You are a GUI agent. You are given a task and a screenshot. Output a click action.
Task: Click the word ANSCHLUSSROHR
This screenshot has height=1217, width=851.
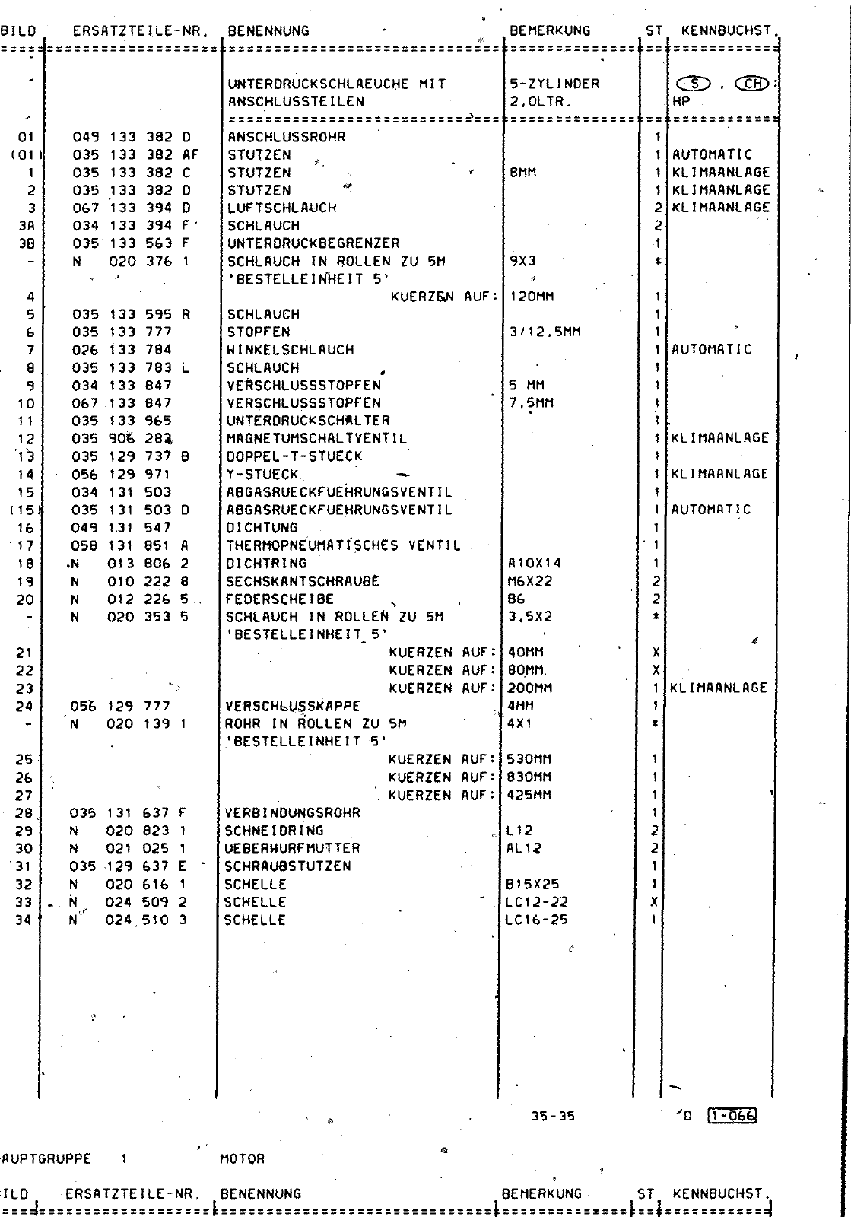pos(286,138)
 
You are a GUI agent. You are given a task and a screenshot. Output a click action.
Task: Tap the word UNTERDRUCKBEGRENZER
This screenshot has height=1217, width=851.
pos(313,243)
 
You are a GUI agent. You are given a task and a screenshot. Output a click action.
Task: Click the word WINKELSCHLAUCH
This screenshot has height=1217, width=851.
pos(291,350)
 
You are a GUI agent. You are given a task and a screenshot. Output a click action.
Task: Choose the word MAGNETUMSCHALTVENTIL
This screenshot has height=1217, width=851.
pos(316,439)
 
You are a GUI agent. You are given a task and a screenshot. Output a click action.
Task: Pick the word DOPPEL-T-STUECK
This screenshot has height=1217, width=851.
pos(294,456)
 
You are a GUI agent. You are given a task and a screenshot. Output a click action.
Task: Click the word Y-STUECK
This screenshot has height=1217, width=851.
pos(263,474)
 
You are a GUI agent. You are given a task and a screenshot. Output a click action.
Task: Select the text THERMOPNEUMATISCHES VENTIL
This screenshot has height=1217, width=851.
pos(344,545)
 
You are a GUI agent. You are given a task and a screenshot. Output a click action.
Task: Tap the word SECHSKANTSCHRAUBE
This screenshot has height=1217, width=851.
pos(303,581)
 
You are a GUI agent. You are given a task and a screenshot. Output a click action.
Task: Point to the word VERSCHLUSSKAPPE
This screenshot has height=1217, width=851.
pos(293,706)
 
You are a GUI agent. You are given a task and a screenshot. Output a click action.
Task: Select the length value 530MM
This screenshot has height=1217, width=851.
pos(529,759)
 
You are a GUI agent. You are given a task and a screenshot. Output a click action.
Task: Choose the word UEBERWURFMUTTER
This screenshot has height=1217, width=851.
pos(293,848)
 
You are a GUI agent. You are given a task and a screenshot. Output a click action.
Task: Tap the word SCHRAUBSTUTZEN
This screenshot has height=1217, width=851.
pos(288,866)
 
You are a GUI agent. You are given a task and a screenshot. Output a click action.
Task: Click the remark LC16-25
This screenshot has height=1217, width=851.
pos(536,920)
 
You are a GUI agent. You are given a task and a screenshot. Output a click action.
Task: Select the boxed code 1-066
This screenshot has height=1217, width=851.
pos(732,1117)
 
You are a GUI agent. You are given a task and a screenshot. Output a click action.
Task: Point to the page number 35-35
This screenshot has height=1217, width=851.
pos(554,1117)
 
